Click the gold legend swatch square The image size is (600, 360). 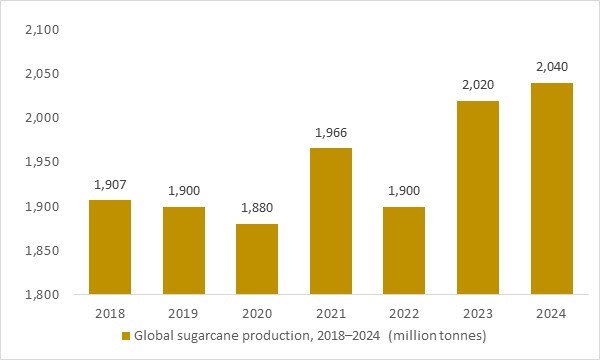coord(126,334)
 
